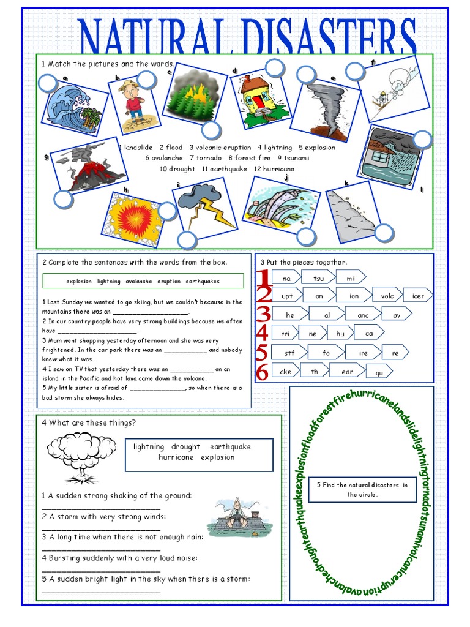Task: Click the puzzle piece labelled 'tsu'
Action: (318, 278)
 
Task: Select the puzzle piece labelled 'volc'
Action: (387, 296)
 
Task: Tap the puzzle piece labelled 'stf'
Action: (289, 353)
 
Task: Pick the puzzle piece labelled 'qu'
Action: (379, 372)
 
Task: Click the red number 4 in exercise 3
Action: (263, 334)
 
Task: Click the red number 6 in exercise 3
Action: (263, 371)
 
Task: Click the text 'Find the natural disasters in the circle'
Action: (362, 489)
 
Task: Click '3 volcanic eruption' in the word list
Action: (220, 148)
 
